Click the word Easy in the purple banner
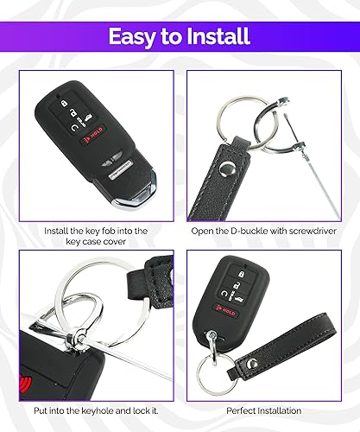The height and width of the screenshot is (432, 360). click(135, 35)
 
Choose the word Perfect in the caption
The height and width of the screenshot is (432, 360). click(243, 410)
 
